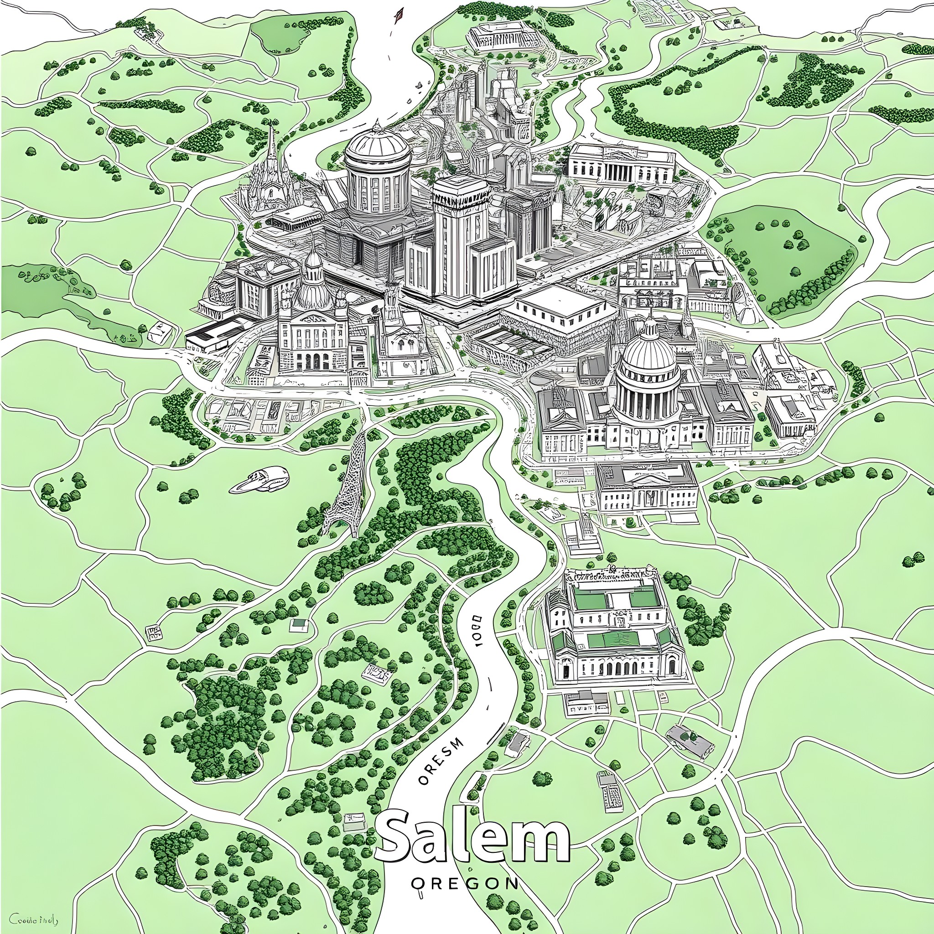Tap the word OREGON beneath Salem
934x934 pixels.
tap(465, 883)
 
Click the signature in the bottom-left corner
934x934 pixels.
tap(34, 919)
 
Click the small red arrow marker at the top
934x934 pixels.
tap(398, 16)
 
